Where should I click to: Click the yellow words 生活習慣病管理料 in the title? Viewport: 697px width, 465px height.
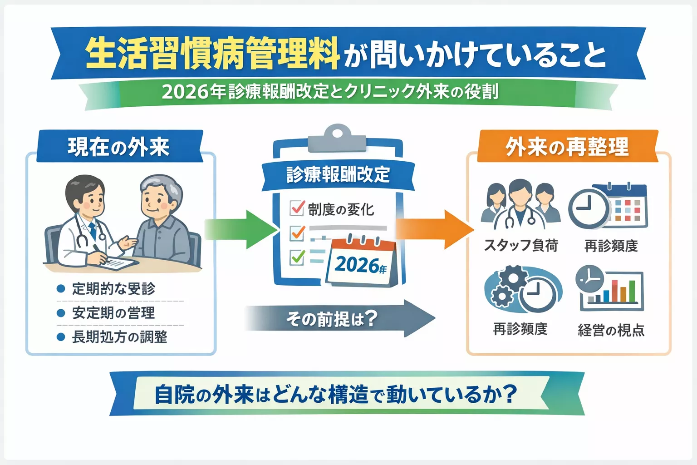tap(212, 54)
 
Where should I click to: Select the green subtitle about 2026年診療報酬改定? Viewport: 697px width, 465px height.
tap(330, 92)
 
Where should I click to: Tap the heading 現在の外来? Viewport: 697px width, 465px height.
tap(119, 147)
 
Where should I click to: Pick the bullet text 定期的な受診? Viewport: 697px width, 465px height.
tap(113, 289)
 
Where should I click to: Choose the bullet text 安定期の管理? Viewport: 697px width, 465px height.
tap(113, 313)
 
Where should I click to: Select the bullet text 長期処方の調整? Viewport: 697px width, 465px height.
tap(119, 337)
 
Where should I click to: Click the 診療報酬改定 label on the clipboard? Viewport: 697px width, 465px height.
tap(338, 174)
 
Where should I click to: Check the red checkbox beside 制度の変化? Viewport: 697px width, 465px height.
tap(297, 208)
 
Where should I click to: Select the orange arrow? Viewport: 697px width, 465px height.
tap(433, 229)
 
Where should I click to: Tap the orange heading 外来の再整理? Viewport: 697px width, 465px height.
tap(567, 147)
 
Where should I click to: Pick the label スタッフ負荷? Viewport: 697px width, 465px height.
tap(521, 246)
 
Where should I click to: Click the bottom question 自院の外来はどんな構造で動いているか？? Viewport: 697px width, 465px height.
tap(336, 394)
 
